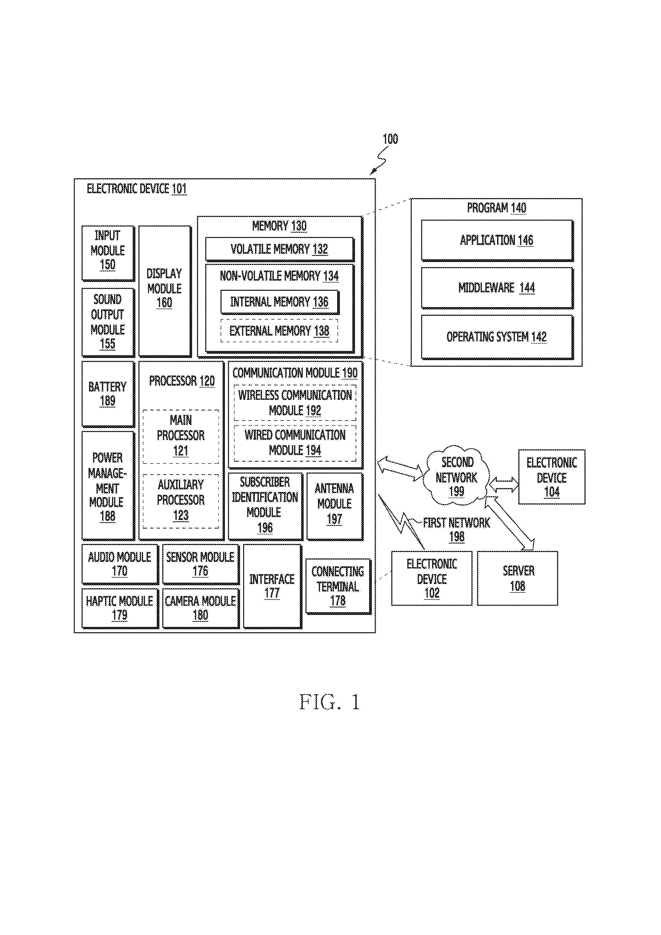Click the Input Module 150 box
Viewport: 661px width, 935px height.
108,253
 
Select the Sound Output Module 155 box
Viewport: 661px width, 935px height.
108,322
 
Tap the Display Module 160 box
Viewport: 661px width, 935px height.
165,291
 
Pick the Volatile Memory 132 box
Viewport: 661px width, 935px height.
280,249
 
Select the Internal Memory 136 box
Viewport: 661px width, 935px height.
280,302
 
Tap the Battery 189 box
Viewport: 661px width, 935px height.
108,394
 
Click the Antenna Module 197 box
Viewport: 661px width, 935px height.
335,506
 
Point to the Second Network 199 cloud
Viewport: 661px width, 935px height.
456,477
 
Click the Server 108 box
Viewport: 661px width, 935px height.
517,578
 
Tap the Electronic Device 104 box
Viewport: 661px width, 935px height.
552,477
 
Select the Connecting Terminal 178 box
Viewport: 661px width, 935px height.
338,586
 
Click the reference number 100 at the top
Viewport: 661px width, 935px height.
390,139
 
